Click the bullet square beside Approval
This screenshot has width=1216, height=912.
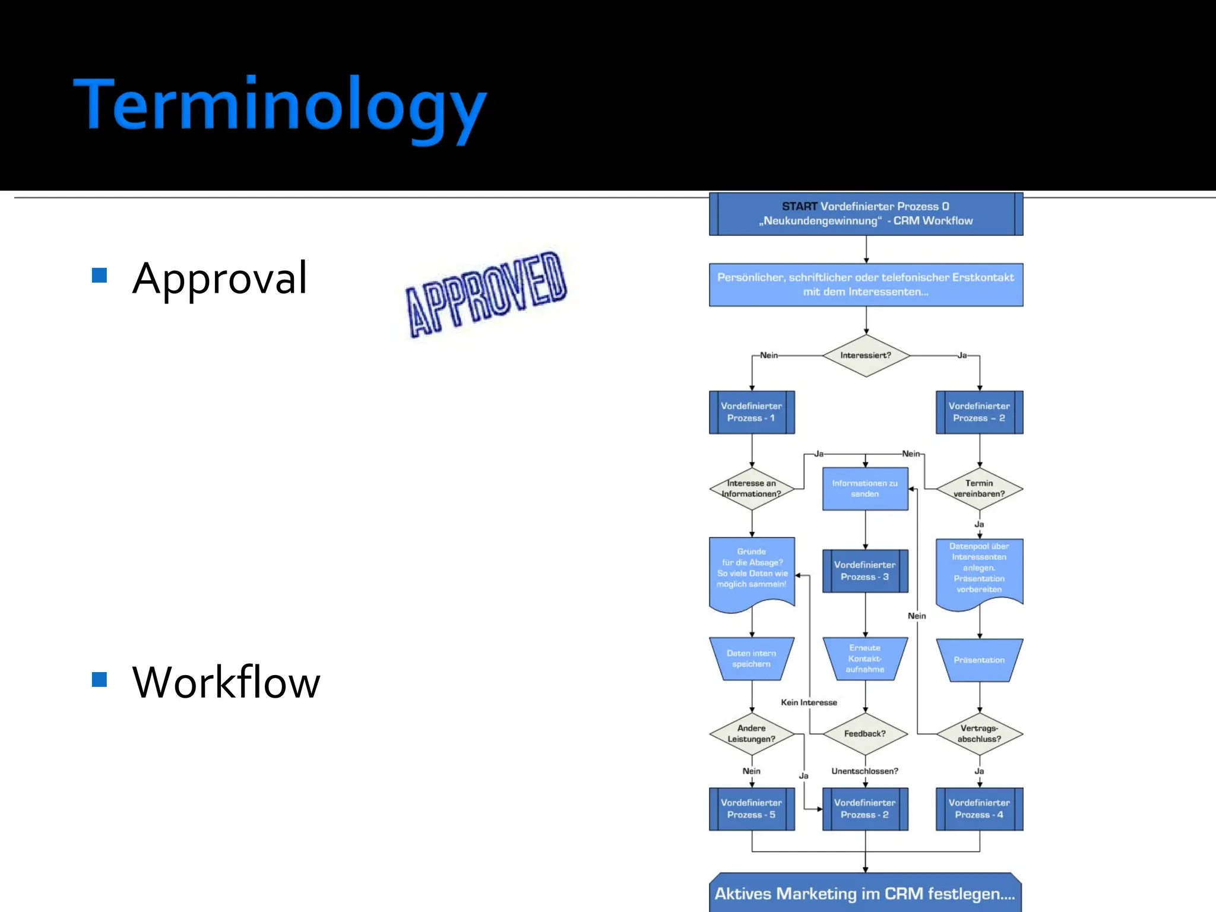coord(99,275)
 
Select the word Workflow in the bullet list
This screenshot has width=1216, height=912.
coord(226,682)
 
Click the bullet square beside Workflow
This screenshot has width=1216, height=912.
coord(99,679)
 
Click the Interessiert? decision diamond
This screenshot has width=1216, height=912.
coord(866,355)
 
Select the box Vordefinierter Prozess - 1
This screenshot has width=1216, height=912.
coord(752,412)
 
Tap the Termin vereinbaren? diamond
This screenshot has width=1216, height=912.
coord(979,489)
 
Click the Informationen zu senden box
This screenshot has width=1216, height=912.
coord(865,489)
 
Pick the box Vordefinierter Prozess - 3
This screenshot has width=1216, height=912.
coord(865,571)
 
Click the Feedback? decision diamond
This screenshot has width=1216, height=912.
coord(865,734)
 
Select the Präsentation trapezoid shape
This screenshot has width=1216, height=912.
coord(979,660)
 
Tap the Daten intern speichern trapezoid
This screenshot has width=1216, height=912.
coord(752,658)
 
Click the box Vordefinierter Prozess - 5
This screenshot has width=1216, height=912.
coord(752,809)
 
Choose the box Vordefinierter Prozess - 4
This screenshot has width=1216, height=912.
coord(979,809)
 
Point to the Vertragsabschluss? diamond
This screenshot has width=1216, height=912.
coord(979,734)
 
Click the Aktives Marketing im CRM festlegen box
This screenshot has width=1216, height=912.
coord(865,894)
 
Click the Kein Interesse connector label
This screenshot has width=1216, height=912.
coord(809,702)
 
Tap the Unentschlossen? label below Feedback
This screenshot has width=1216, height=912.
coord(864,771)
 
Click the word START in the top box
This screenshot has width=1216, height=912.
coord(799,207)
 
